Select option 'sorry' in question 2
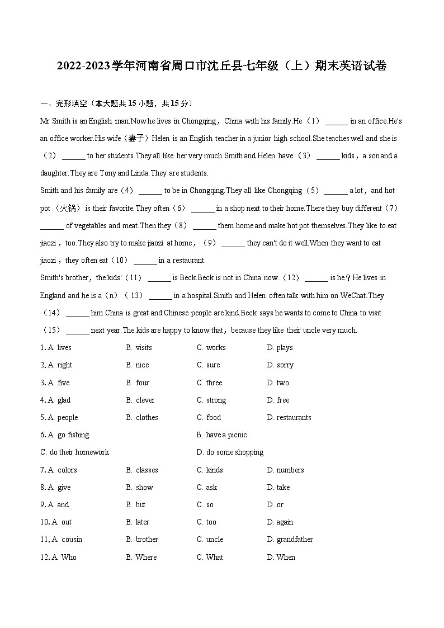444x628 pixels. (285, 365)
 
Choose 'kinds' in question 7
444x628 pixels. (214, 470)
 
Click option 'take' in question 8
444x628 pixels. (283, 488)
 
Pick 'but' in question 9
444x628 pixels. (140, 505)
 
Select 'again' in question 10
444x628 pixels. (285, 522)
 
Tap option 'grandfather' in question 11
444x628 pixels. (295, 540)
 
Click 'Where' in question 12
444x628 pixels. (146, 558)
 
